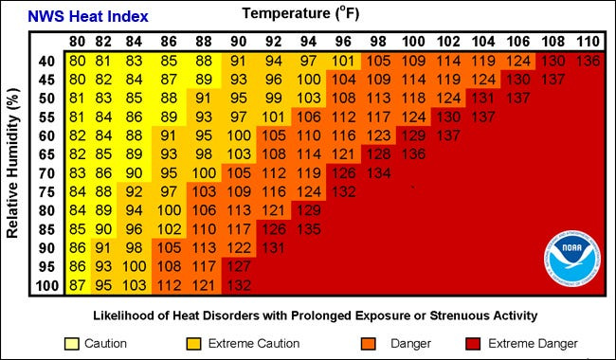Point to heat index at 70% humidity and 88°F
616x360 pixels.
click(x=202, y=172)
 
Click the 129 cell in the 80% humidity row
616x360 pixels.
click(x=307, y=210)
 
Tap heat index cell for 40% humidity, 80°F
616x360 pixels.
click(x=79, y=61)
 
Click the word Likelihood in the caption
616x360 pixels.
click(x=124, y=315)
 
